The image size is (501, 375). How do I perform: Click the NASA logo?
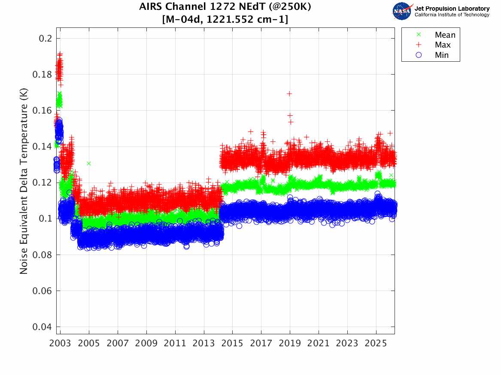(x=402, y=11)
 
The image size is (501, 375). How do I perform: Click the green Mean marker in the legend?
(x=419, y=34)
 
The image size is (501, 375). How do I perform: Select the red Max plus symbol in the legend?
(x=419, y=45)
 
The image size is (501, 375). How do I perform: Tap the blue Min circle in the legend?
(x=419, y=55)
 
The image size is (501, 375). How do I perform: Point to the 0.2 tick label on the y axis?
(x=45, y=39)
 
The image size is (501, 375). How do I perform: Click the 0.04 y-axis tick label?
(x=42, y=327)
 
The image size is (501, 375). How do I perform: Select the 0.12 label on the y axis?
(x=42, y=183)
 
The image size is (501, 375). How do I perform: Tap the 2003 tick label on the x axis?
(x=60, y=343)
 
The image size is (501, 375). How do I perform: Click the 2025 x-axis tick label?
(x=376, y=343)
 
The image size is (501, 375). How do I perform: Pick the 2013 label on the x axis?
(x=204, y=343)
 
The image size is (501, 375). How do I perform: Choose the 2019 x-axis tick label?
(x=290, y=343)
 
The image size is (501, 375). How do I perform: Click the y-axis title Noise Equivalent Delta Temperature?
(x=24, y=181)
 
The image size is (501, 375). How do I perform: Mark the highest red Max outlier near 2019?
(x=289, y=93)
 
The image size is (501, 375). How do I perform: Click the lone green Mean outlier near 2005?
(x=88, y=164)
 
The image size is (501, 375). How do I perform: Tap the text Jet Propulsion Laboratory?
(x=452, y=8)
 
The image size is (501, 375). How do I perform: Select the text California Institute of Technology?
(x=452, y=15)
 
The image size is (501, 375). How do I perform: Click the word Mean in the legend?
(x=445, y=35)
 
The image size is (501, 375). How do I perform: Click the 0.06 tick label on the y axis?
(x=42, y=291)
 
